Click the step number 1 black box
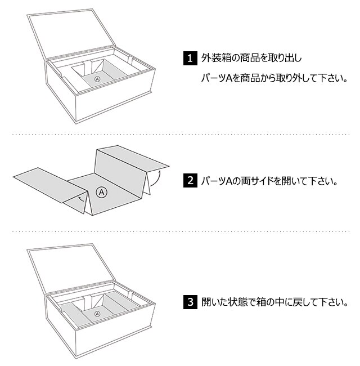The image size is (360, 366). [190, 58]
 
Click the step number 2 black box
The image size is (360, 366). [190, 181]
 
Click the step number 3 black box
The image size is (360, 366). [190, 302]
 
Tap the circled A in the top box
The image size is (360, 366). [97, 79]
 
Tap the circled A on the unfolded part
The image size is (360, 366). [102, 192]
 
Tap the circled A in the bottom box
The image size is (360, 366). [97, 313]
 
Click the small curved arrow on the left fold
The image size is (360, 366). [83, 198]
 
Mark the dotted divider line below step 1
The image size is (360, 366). [180, 135]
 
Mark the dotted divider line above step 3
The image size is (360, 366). [180, 231]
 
